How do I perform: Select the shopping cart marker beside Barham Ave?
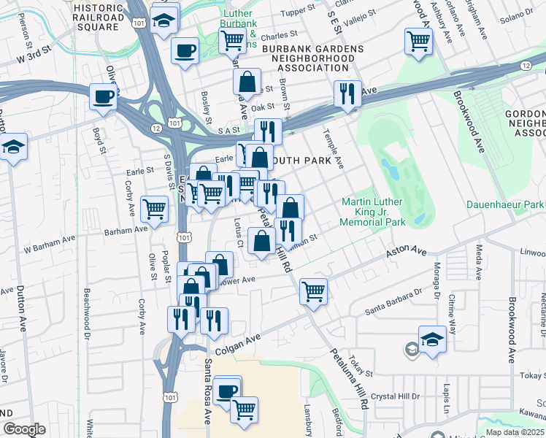click(154, 210)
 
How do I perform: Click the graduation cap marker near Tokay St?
click(432, 339)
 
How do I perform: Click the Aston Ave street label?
click(407, 251)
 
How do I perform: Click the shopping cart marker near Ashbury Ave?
click(419, 41)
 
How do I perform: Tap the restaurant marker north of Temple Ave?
click(347, 93)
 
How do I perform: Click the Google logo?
click(24, 429)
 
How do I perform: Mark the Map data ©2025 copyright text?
click(515, 432)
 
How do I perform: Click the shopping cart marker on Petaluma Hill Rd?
click(313, 291)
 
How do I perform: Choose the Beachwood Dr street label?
click(86, 307)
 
